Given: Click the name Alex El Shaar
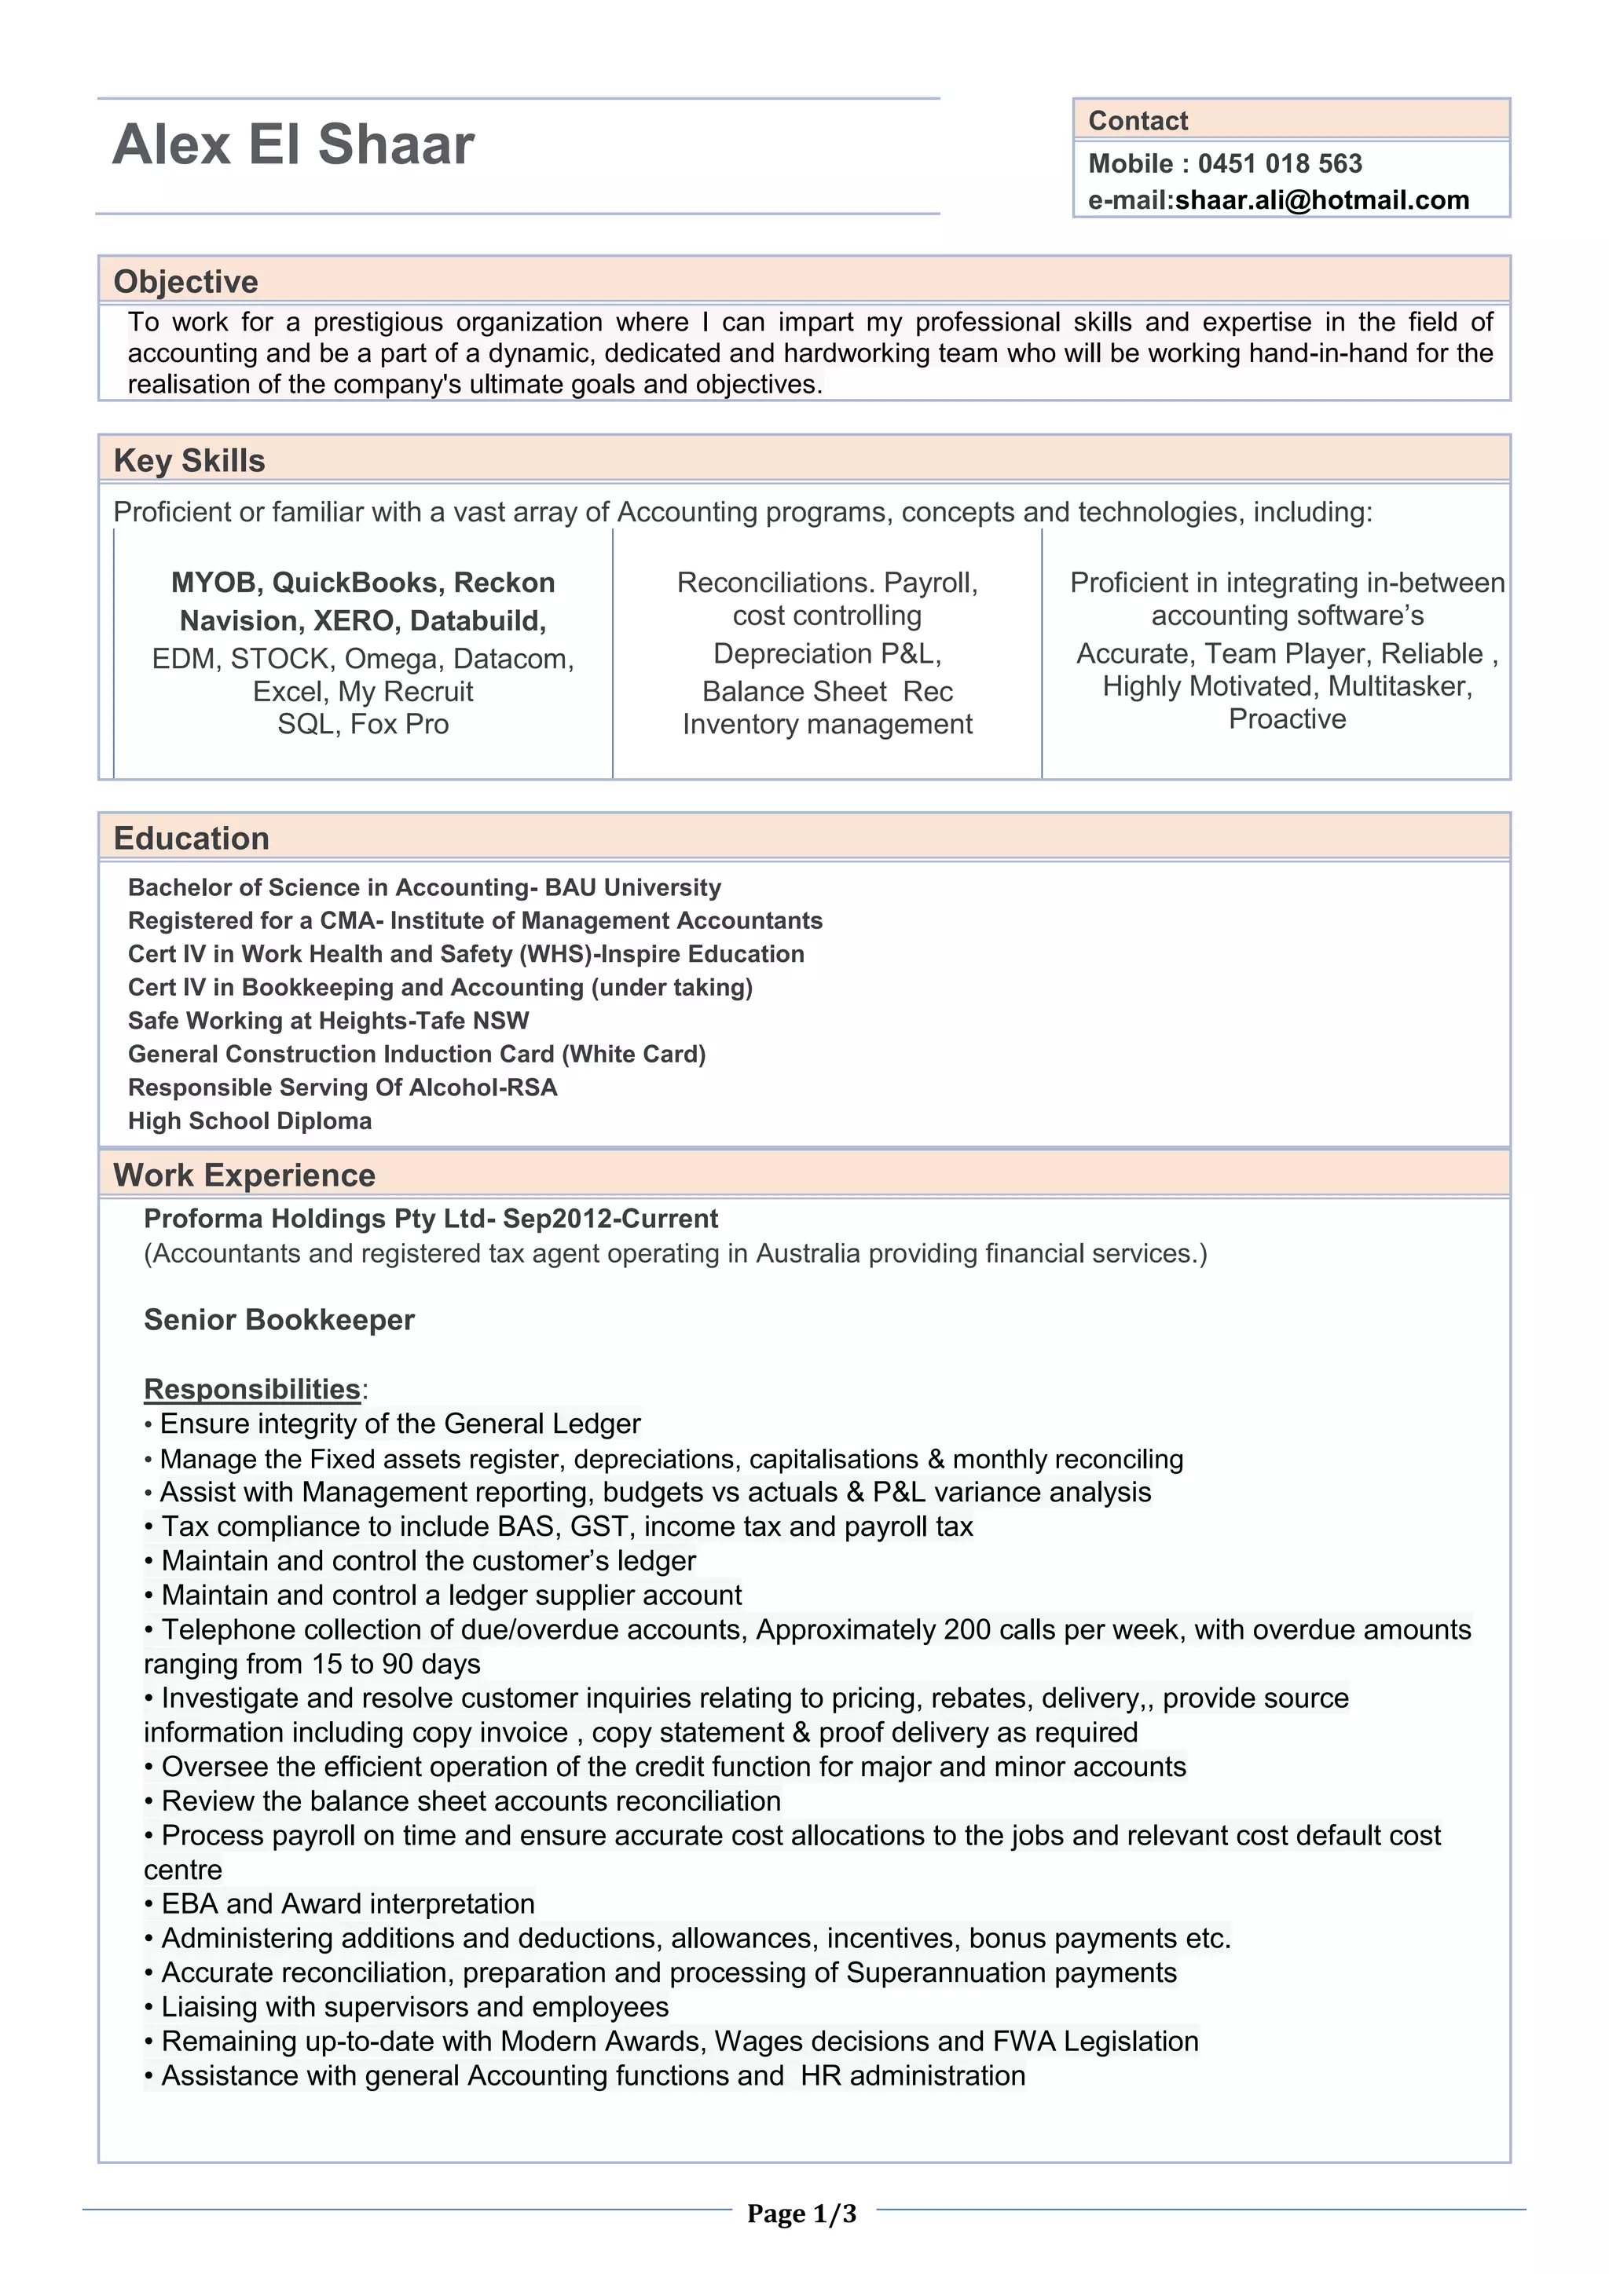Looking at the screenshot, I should click(293, 145).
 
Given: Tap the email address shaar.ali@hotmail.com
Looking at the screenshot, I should click(1321, 200).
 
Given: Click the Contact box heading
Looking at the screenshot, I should click(1138, 121).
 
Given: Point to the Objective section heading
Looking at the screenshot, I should click(185, 281).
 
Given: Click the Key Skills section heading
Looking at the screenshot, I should click(189, 461).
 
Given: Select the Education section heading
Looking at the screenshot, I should click(191, 838).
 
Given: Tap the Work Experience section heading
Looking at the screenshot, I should click(244, 1175).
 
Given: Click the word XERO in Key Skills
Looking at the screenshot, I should click(353, 621).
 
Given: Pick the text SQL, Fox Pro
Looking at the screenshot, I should click(363, 724).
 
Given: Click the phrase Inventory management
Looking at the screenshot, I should click(827, 724).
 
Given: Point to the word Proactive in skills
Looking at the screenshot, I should click(1287, 719).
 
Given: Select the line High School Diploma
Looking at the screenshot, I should click(250, 1121).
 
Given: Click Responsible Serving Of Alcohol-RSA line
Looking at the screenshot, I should click(343, 1088).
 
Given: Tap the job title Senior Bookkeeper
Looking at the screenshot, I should click(280, 1319).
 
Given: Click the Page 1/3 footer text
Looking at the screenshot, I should click(801, 2213).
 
